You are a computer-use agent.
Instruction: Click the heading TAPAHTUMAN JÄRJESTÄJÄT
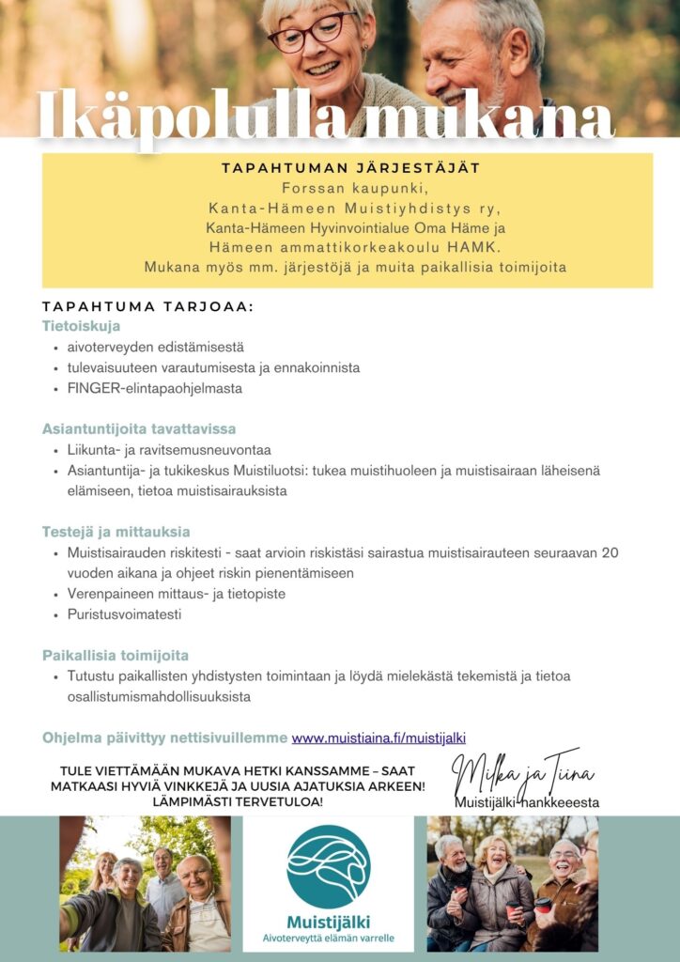[350, 168]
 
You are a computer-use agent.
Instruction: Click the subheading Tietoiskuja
[81, 327]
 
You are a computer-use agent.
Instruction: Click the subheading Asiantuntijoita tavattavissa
[138, 429]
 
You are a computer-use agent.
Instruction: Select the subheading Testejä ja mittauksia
[116, 532]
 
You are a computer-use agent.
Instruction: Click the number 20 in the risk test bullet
[609, 552]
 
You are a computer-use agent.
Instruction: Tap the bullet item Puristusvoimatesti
[124, 614]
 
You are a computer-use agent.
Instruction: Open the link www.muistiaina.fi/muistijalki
[379, 738]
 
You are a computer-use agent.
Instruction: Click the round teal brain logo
[328, 866]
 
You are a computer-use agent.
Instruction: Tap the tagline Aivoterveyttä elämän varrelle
[328, 939]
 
